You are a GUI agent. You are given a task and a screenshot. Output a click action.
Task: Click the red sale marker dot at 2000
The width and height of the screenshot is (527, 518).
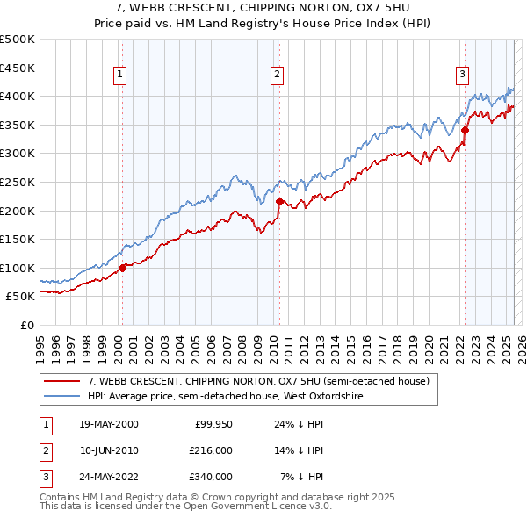[123, 268]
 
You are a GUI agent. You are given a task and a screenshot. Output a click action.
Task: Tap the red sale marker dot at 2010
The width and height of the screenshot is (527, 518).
[279, 201]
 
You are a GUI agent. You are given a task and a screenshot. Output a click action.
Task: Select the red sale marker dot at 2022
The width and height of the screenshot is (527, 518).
[465, 131]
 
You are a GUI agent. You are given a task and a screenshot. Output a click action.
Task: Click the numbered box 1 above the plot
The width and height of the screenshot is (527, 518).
[119, 76]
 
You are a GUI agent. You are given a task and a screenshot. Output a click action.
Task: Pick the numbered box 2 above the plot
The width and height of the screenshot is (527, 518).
[276, 76]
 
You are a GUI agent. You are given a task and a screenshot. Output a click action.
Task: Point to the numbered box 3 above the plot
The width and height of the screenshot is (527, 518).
[462, 76]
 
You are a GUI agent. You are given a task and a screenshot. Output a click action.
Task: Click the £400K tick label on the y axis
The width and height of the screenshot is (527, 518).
[18, 97]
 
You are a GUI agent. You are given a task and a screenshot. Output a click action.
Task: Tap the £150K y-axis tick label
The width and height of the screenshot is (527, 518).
[18, 239]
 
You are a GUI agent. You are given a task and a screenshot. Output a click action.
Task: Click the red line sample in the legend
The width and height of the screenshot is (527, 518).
[61, 382]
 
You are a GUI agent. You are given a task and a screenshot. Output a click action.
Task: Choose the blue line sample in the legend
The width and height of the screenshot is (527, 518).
[61, 397]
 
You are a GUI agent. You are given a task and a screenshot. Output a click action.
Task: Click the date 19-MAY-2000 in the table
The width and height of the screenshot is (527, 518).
[108, 425]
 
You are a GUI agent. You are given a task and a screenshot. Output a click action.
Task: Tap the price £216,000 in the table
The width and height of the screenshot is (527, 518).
[212, 450]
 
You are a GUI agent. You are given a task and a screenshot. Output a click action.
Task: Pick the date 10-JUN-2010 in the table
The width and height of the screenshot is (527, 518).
[108, 450]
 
